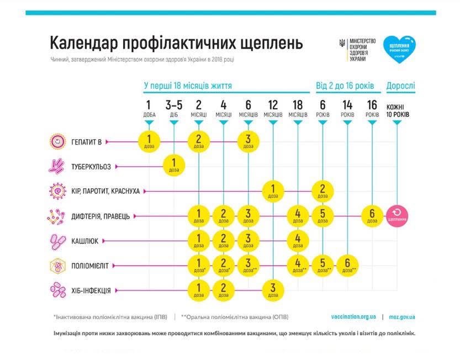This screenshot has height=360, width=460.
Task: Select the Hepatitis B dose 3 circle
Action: pyautogui.click(x=248, y=141)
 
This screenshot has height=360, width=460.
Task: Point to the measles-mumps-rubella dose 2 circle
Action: pyautogui.click(x=322, y=190)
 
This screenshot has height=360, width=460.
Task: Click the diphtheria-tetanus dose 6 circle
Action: pyautogui.click(x=372, y=215)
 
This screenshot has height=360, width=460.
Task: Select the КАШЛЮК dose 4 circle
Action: pyautogui.click(x=298, y=240)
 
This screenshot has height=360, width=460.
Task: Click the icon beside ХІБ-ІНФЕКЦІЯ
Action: pyautogui.click(x=57, y=290)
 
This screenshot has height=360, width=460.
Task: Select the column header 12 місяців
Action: pyautogui.click(x=273, y=109)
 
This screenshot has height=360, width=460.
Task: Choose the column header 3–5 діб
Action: pyautogui.click(x=174, y=109)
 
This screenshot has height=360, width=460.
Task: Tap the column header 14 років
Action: pyautogui.click(x=347, y=109)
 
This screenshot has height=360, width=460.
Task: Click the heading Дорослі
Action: pyautogui.click(x=401, y=86)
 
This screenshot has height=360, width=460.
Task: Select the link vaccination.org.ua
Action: pyautogui.click(x=354, y=317)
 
